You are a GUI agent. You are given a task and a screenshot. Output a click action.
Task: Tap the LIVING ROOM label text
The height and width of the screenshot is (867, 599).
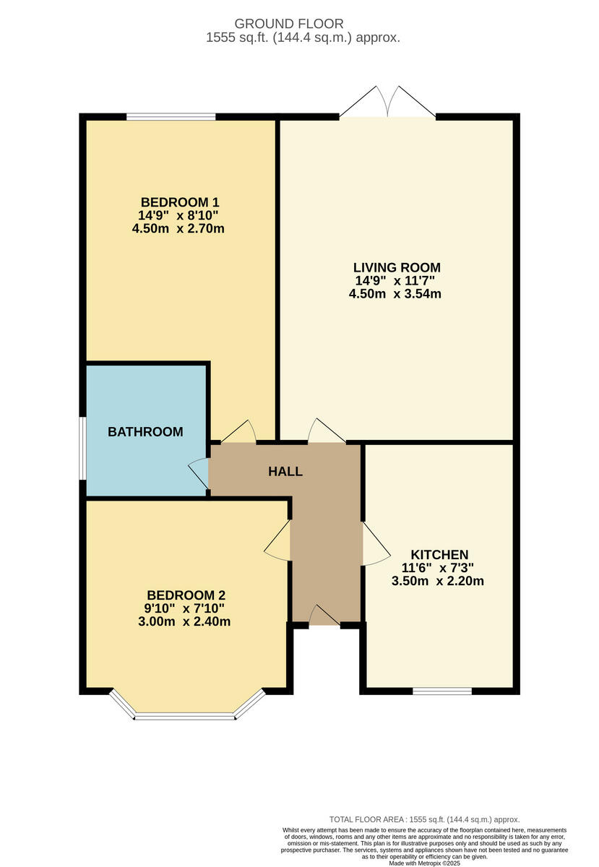point(397,267)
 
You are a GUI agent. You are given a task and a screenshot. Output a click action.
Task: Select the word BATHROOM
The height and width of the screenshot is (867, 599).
point(145,432)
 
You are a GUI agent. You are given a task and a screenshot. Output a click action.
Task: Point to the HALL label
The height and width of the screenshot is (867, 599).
point(285,472)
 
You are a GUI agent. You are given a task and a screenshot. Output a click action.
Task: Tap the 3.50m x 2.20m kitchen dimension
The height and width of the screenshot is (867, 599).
point(437,581)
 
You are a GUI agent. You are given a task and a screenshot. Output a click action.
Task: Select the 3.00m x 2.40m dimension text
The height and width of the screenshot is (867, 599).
point(184,621)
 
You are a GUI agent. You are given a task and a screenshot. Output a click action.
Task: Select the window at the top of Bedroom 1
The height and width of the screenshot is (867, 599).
point(171,116)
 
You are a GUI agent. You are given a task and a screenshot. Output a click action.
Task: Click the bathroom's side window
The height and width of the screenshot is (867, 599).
point(83,448)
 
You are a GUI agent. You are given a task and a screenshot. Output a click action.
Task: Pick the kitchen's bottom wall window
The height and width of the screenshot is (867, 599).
point(442,691)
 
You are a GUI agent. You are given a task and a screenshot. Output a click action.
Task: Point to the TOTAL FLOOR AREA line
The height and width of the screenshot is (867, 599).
point(425,819)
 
